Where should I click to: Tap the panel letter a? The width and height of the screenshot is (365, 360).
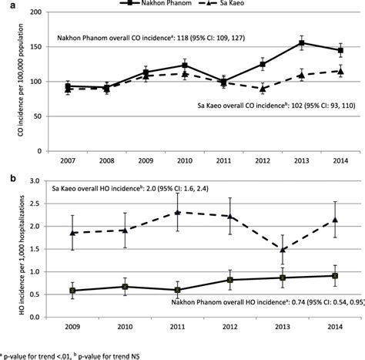point(6,6)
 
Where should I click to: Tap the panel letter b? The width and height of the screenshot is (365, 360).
point(6,180)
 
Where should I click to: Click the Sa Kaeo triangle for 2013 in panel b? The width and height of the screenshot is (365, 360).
point(283,250)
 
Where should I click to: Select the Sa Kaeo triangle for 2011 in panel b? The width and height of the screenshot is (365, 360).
point(178,212)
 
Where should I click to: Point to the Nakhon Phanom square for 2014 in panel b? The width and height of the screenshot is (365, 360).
point(336,275)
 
